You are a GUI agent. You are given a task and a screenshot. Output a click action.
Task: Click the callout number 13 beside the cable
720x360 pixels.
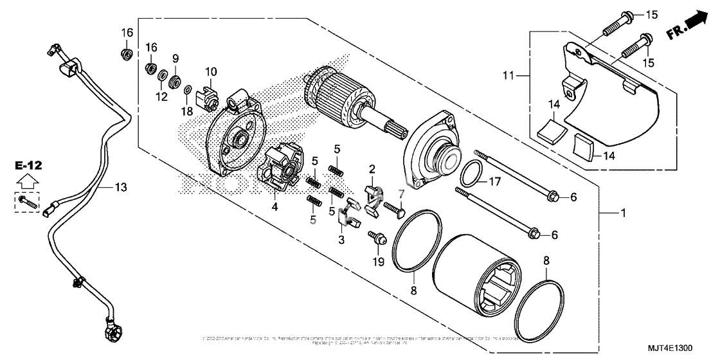coord(121,187)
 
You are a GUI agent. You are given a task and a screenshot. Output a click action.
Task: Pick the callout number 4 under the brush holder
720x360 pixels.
coord(274,208)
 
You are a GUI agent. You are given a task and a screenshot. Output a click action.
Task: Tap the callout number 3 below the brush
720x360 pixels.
coord(342,240)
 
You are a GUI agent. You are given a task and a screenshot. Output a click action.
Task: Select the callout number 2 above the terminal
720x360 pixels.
coord(372,169)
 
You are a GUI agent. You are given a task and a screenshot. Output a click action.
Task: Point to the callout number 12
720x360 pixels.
coord(161,97)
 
